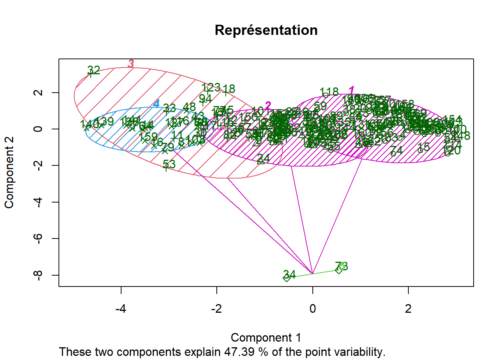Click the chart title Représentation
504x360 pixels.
click(x=266, y=30)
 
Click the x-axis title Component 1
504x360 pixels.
click(x=265, y=337)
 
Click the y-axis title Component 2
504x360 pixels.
click(x=9, y=172)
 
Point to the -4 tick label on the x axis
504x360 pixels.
click(x=120, y=309)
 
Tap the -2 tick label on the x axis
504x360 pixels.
click(x=216, y=309)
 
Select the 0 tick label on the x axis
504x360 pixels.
click(x=312, y=309)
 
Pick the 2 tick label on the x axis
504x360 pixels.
click(x=408, y=309)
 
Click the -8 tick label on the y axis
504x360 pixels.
click(x=37, y=275)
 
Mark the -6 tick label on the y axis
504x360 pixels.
click(x=37, y=238)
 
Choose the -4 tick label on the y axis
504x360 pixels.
click(x=37, y=202)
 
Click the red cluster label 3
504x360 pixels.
click(x=130, y=64)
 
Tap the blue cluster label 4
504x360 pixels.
click(x=156, y=104)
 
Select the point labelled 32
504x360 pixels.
click(x=90, y=74)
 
